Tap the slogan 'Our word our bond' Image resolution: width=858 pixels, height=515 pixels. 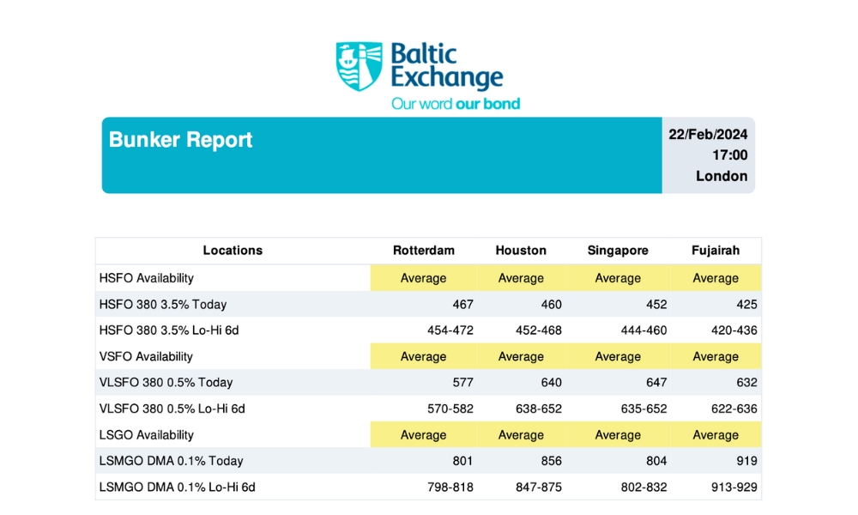(x=456, y=104)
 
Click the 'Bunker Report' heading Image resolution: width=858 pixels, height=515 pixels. (x=181, y=140)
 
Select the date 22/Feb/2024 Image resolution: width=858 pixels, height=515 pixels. (x=708, y=135)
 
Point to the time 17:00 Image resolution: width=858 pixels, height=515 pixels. (x=729, y=155)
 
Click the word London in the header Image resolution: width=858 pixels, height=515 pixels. (x=722, y=176)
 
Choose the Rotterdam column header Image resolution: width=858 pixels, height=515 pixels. (x=424, y=251)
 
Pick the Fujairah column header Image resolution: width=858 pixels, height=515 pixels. (x=716, y=251)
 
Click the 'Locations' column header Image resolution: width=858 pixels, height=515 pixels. (x=233, y=251)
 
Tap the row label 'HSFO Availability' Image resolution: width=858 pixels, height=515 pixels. (x=147, y=278)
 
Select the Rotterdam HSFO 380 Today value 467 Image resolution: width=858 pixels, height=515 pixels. (x=462, y=304)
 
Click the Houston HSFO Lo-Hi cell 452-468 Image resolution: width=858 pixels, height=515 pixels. (x=537, y=330)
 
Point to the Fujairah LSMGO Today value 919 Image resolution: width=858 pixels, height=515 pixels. (x=746, y=461)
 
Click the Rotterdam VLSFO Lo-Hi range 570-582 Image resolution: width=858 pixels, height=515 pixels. (x=450, y=409)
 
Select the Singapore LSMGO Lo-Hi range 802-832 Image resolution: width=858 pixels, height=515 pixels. (x=643, y=488)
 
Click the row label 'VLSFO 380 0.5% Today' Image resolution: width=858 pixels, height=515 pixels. (x=166, y=383)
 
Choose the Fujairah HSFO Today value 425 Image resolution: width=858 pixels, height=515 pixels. (x=746, y=304)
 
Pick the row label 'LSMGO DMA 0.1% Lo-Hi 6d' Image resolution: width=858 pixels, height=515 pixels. (x=178, y=488)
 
